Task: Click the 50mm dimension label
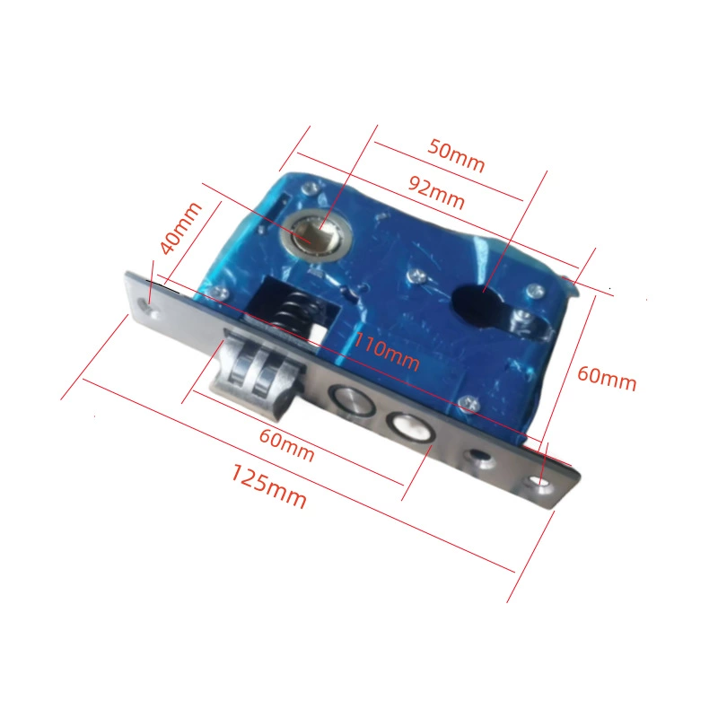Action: point(456,155)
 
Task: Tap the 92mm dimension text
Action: point(436,191)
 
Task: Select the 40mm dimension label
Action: point(180,228)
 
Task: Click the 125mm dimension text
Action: point(268,486)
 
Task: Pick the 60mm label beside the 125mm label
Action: point(287,444)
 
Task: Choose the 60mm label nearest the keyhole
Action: point(607,378)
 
